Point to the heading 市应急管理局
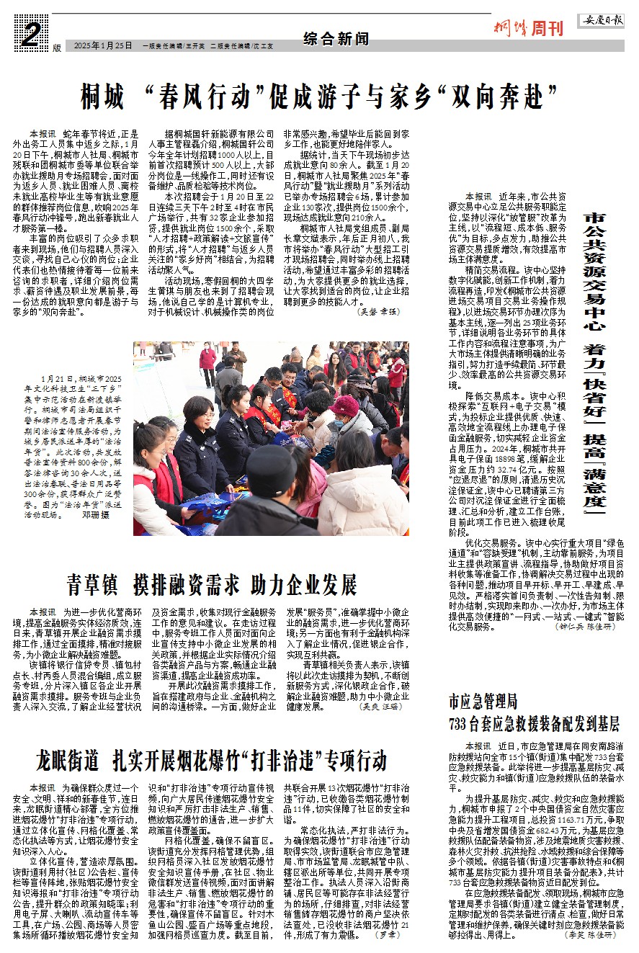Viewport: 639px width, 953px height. tap(483, 699)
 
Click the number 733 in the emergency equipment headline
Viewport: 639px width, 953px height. tap(462, 722)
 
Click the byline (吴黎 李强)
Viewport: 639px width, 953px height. tap(377, 312)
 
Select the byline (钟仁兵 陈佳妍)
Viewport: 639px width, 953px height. tap(588, 627)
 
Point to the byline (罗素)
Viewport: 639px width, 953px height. tap(388, 934)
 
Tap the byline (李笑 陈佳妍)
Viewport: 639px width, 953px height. tap(594, 935)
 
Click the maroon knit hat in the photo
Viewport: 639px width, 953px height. tap(344, 406)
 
